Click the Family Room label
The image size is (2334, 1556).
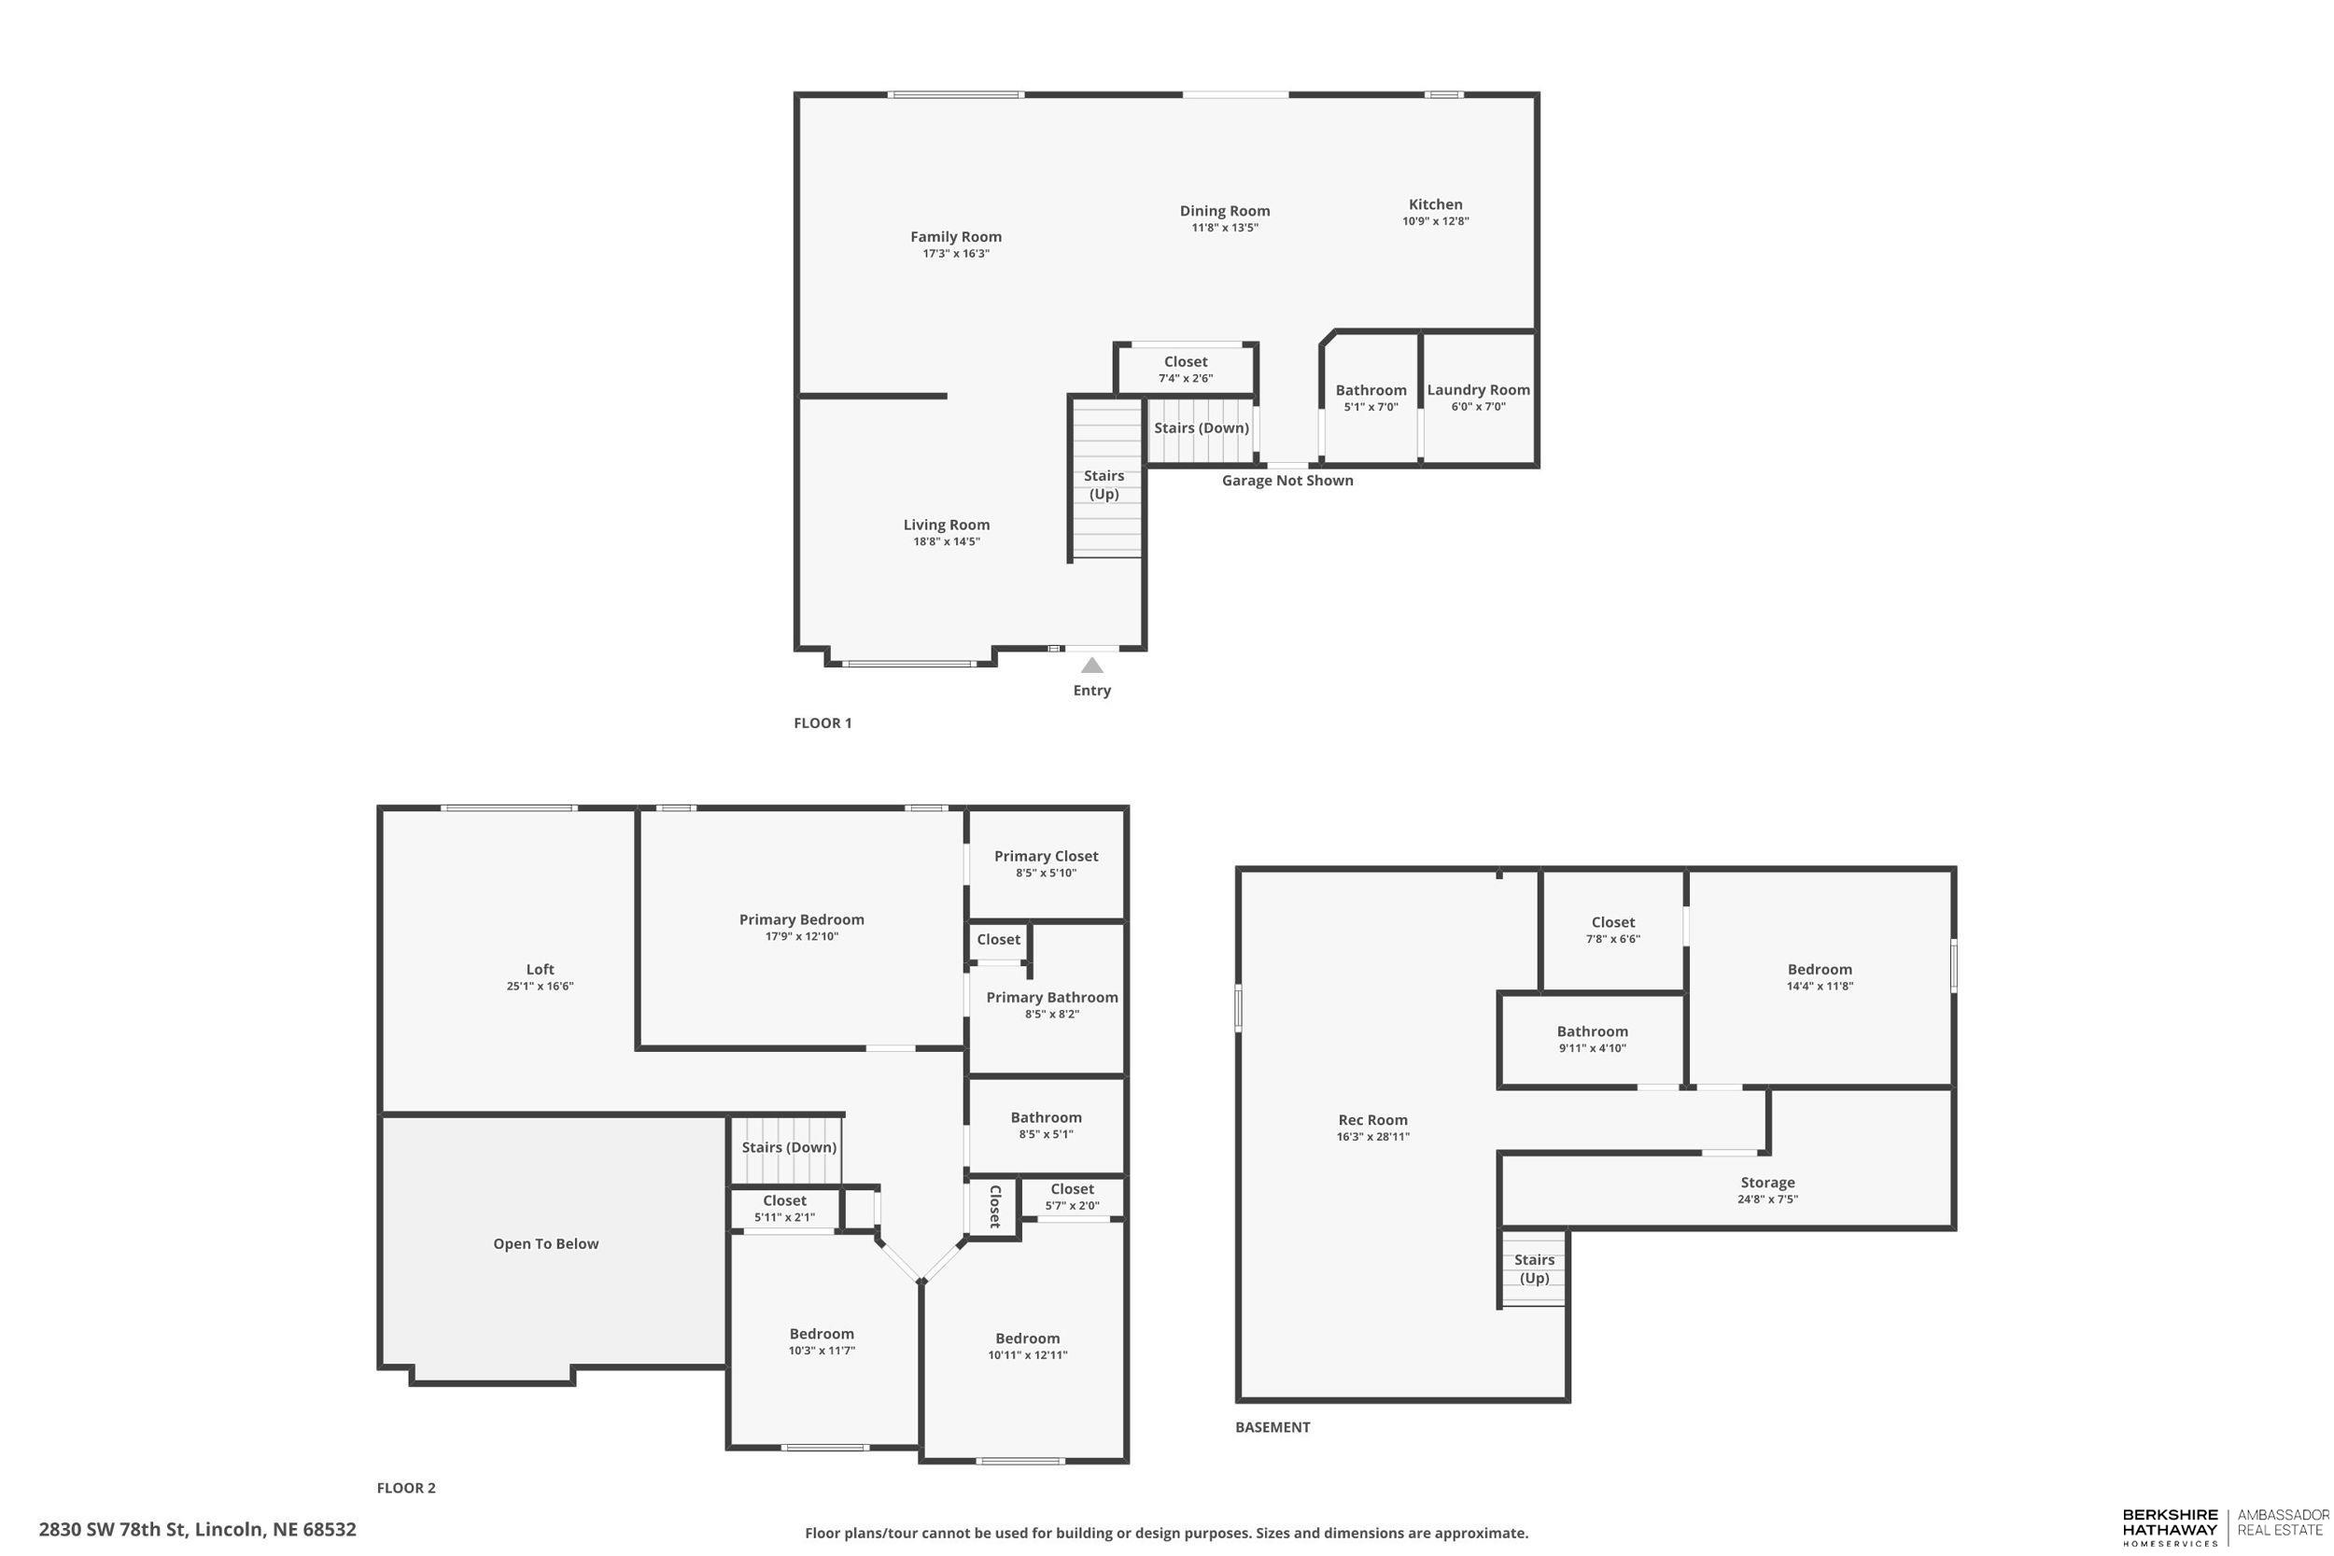click(x=956, y=236)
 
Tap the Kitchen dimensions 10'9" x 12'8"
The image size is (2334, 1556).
click(x=1435, y=221)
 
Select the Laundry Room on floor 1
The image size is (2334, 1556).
click(x=1478, y=397)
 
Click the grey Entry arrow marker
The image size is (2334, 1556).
click(x=1091, y=665)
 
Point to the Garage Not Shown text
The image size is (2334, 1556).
click(x=1287, y=481)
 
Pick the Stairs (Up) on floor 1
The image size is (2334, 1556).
click(x=1104, y=484)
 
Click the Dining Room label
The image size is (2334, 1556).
click(x=1224, y=210)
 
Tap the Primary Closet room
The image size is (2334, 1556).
click(x=1046, y=862)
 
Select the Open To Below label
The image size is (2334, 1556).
click(x=546, y=1243)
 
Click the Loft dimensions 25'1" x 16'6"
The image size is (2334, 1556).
click(x=540, y=987)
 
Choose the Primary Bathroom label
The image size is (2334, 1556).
click(x=1051, y=997)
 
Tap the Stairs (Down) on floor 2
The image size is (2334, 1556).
click(x=789, y=1147)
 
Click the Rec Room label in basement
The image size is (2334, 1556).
click(x=1372, y=1119)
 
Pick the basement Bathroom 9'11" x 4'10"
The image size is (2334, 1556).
click(x=1592, y=1039)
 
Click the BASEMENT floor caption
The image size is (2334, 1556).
click(x=1272, y=1427)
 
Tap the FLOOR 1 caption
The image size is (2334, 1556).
click(x=822, y=722)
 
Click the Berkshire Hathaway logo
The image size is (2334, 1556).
click(x=2170, y=1527)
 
